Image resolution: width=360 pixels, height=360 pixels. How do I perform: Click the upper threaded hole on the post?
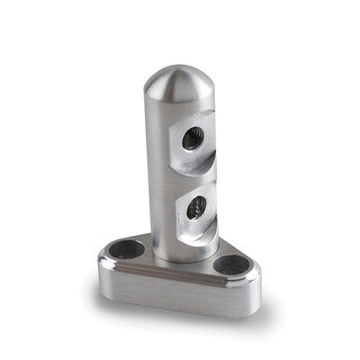pyautogui.click(x=191, y=138)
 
